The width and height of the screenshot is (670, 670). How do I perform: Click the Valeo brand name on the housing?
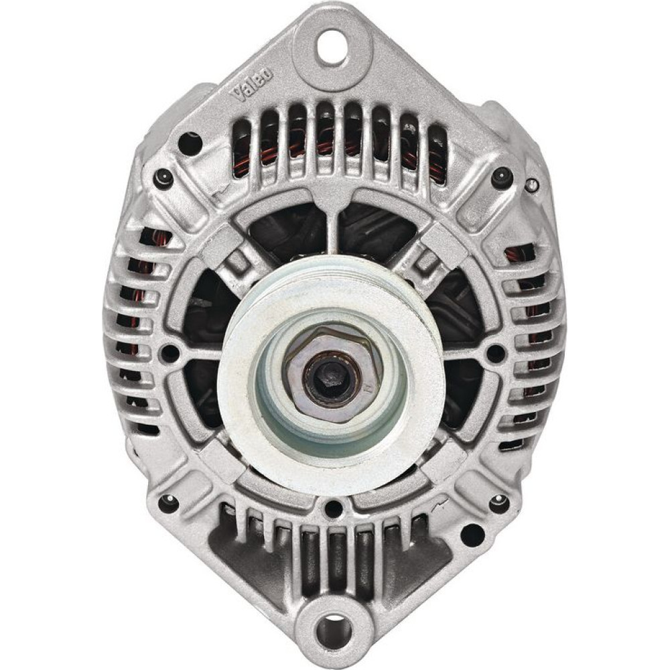(x=252, y=86)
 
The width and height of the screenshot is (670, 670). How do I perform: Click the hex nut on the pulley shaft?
(x=332, y=373)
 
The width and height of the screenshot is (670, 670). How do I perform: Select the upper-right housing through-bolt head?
(x=503, y=177)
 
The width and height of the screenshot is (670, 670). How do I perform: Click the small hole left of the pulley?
(x=170, y=352)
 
